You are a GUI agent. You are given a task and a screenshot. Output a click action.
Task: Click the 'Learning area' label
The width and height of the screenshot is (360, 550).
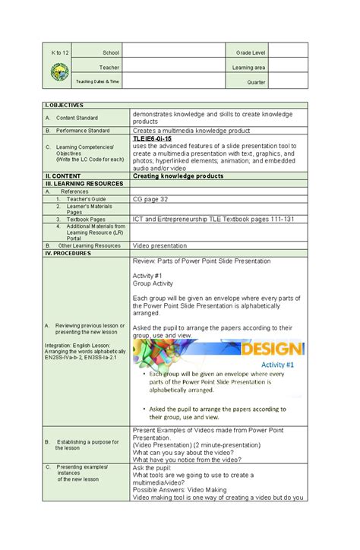tap(248, 67)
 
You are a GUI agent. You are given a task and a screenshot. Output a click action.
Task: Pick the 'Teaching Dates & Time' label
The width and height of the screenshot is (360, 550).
tap(102, 82)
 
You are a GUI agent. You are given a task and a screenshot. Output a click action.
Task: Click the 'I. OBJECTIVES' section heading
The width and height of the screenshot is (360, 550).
tap(65, 105)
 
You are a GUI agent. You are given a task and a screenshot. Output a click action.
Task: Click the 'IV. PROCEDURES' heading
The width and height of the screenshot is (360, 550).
tap(69, 253)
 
